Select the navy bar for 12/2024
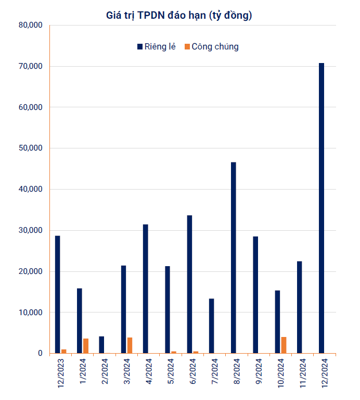[322, 208]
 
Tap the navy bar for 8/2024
[234, 258]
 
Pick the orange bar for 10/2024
[284, 345]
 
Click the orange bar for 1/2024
[86, 346]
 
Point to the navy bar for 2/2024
[101, 345]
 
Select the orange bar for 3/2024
[130, 345]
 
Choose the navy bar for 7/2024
[212, 326]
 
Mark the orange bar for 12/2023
[63, 351]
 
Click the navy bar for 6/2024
[189, 284]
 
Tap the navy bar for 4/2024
[146, 289]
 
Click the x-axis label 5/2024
[170, 372]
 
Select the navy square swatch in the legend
[139, 47]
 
